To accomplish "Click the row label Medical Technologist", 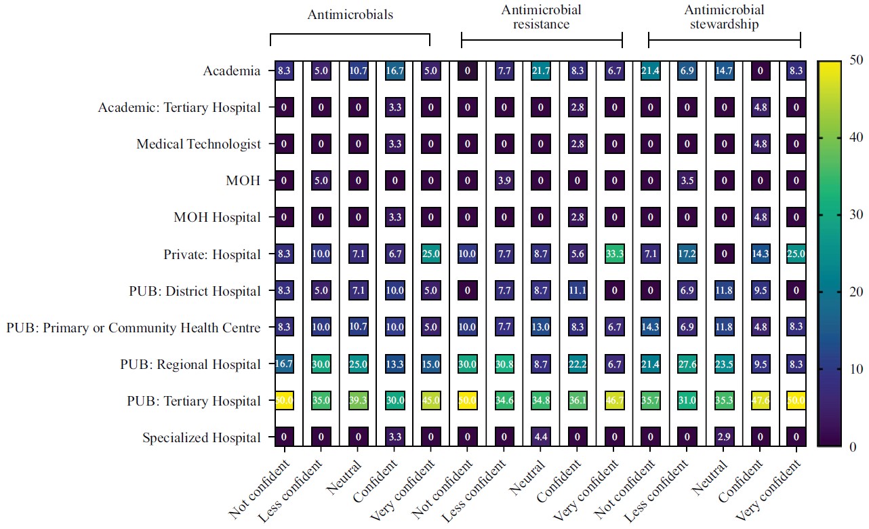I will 198,144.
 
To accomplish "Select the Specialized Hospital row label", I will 201,438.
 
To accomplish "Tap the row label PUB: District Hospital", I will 195,291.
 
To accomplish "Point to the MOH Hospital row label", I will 217,218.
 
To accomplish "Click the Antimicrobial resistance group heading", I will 541,17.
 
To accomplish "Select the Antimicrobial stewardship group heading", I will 724,17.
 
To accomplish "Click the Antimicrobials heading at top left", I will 350,15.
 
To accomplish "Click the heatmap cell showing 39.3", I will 358,401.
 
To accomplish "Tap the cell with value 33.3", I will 613,254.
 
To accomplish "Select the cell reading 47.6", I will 760,401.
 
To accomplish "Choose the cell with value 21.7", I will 540,71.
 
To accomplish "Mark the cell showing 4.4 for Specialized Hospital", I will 540,437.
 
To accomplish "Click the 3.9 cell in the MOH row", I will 504,181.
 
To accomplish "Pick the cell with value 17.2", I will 687,254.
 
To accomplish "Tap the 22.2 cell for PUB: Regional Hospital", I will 577,364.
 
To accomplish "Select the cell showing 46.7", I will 613,401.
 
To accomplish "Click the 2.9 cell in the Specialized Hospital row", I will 723,437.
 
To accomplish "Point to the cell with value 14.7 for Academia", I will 723,71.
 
